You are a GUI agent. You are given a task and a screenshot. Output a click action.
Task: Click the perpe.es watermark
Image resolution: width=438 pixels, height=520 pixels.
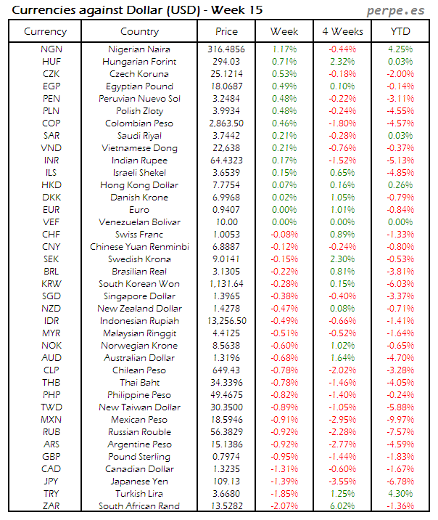point(397,10)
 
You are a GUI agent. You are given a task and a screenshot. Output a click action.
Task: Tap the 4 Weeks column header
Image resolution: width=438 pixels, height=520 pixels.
point(342,31)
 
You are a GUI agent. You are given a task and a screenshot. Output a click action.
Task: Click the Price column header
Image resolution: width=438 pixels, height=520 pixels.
point(226,31)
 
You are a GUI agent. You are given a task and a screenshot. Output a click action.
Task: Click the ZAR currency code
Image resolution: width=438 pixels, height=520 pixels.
point(51,506)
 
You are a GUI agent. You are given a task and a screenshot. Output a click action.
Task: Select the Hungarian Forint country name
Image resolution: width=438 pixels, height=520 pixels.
point(142,62)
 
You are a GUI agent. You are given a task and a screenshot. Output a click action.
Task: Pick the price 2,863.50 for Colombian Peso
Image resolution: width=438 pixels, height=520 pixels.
point(227,123)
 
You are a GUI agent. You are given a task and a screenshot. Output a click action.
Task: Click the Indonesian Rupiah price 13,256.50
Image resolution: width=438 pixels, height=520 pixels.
point(227,321)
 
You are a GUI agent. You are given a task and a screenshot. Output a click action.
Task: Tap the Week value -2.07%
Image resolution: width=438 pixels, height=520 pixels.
point(284,506)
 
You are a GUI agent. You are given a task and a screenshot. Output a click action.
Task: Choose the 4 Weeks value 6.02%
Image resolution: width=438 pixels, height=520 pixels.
point(342,506)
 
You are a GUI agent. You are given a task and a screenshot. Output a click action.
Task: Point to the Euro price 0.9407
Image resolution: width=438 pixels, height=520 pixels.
point(227,210)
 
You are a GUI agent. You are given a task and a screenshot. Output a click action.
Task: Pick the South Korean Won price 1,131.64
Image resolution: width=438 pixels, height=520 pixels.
point(227,284)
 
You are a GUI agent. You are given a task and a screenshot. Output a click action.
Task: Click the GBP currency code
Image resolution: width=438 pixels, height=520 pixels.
point(51,457)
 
